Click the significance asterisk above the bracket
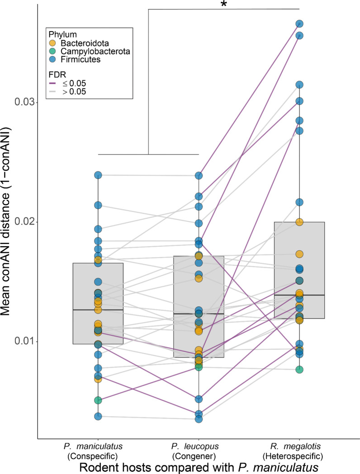223,5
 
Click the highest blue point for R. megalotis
299,23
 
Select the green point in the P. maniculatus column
98,400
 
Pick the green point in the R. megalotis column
299,370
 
